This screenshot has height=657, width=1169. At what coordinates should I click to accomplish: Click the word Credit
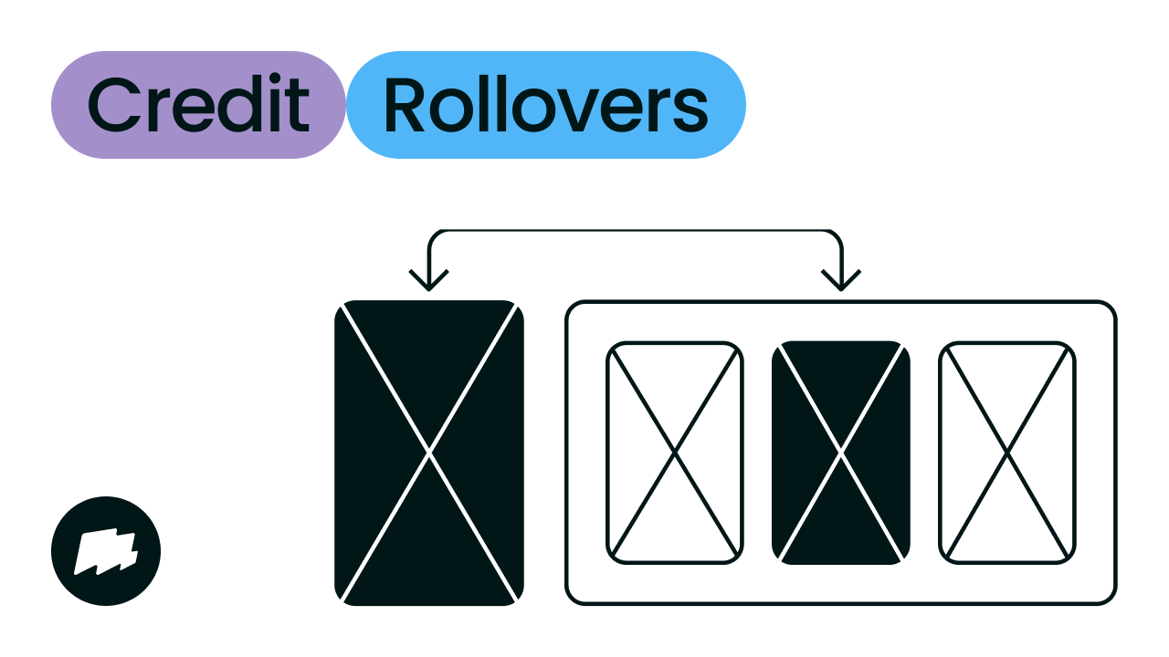point(198,105)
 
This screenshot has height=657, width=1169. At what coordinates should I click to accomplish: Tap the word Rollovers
point(545,105)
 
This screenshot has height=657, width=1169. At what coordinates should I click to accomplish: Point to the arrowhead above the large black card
point(429,278)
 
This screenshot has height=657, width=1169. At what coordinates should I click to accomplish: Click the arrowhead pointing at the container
point(841,278)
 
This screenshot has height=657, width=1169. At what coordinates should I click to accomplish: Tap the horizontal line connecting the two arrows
point(635,231)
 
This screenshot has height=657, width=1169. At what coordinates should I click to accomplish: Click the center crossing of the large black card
point(429,452)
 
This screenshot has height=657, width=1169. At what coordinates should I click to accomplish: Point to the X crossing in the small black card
point(841,452)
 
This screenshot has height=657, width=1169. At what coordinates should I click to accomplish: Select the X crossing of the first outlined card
point(675,452)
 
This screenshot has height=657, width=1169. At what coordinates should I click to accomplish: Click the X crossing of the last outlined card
point(1007,452)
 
